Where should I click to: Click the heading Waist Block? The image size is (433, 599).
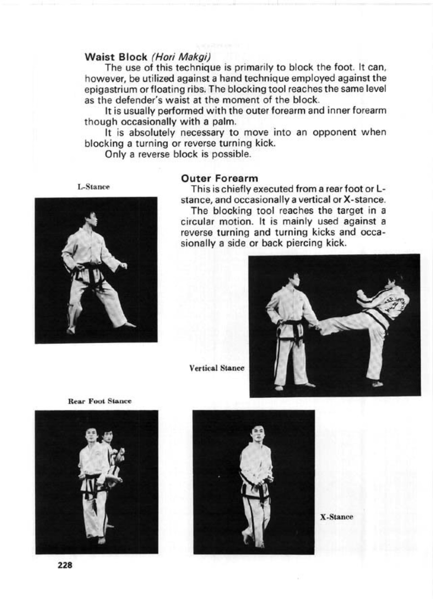tap(115, 56)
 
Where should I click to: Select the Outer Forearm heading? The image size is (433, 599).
tap(219, 178)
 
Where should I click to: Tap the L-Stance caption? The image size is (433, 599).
tap(93, 187)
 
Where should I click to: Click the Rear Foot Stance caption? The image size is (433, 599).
tap(99, 401)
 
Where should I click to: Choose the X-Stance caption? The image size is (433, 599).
tap(336, 517)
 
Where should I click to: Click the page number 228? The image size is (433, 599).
tap(65, 565)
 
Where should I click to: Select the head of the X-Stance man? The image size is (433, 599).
tap(257, 434)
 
